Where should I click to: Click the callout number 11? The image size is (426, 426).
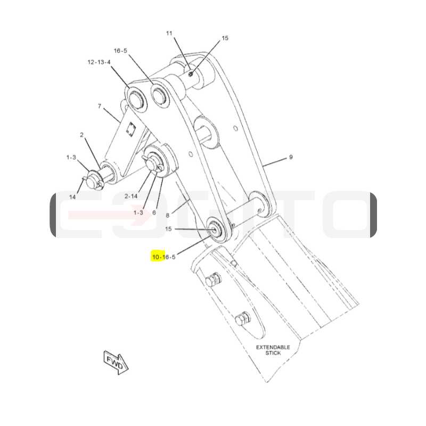coord(169,33)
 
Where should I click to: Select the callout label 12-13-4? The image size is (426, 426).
coord(99,62)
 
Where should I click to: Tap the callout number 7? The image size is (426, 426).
coord(100,105)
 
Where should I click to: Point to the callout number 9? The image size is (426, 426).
coord(291,157)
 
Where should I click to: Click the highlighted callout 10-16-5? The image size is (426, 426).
coord(164,257)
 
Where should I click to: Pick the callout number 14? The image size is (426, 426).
coord(72,197)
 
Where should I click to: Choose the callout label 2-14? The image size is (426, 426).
coord(131,196)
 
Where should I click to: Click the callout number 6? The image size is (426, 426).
coord(154,212)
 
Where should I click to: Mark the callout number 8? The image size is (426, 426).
coord(168,216)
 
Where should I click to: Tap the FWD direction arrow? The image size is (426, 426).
coord(116,363)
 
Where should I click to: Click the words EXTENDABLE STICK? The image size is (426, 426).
coord(273,350)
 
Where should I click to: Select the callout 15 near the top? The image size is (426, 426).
coord(225,38)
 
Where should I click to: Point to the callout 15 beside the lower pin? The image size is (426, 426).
coord(168,229)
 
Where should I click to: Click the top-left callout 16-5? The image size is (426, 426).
coord(120,51)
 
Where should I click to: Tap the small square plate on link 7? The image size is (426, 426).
coord(131,128)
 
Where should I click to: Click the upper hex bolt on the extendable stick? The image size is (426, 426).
coord(214,280)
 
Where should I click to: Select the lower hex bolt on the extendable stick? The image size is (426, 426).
coord(243,318)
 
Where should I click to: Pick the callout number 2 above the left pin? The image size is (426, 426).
coord(81,135)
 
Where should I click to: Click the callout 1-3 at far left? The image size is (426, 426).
coord(71,157)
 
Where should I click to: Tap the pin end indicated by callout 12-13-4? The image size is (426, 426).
coord(136,99)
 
